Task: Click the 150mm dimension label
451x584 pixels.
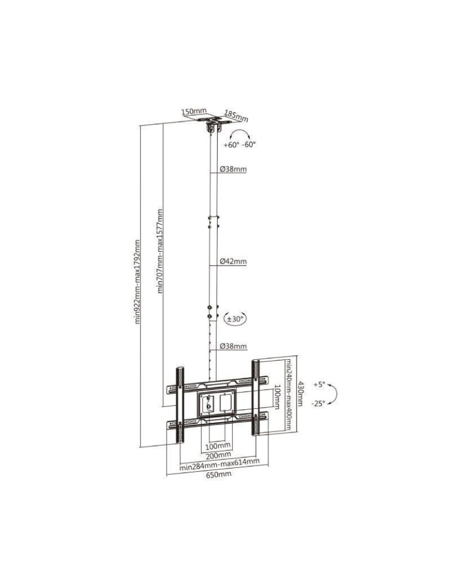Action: pos(194,111)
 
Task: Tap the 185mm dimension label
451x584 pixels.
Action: pos(236,116)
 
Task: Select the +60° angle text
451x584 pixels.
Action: pos(231,144)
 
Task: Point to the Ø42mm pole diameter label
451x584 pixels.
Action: pos(233,262)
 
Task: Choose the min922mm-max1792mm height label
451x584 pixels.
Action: pos(138,281)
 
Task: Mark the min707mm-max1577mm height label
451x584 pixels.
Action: pos(160,251)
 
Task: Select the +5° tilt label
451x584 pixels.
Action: pos(318,385)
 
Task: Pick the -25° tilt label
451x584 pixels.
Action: pos(318,404)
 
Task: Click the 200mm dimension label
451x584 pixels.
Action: pos(218,455)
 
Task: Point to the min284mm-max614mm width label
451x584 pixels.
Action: pos(219,465)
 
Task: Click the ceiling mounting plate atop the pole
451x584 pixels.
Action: pos(214,123)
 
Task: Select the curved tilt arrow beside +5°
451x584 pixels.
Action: pos(332,394)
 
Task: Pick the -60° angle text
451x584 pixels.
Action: pos(249,144)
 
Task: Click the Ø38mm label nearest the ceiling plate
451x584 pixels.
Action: pos(233,170)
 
